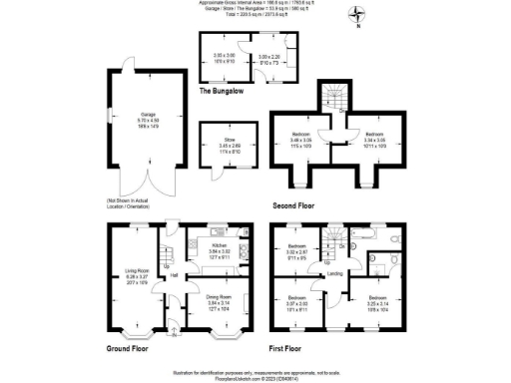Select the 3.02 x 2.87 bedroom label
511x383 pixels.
[297, 250]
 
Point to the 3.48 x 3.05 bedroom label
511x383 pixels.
[300, 136]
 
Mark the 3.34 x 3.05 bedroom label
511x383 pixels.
[373, 136]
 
